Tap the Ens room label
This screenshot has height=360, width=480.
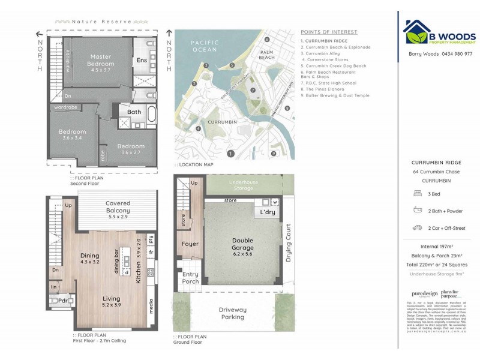[142, 60]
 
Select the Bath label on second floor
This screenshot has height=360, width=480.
[134, 112]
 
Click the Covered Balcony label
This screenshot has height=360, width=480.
[118, 207]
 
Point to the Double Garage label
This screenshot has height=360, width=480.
[242, 244]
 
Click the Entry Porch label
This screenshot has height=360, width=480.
[191, 278]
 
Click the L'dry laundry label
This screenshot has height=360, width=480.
[266, 212]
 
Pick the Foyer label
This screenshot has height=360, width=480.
[190, 244]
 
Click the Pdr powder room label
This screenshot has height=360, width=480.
[62, 301]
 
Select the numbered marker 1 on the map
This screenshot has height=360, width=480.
[230, 154]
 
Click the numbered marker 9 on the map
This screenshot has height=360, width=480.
[273, 154]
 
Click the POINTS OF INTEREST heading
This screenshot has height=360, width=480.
[329, 32]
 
